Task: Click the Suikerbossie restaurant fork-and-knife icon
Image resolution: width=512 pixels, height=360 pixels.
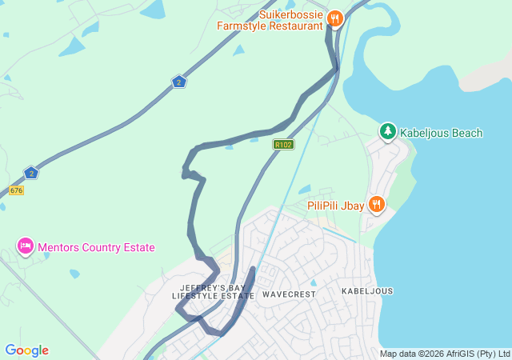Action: coord(334,18)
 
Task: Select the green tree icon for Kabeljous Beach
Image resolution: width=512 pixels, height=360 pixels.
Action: coord(388,131)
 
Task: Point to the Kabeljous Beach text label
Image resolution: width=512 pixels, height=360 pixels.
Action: coord(441,133)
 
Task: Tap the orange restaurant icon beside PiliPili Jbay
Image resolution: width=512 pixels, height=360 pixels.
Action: coord(377,205)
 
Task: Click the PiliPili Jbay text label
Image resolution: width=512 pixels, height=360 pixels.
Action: coord(336,206)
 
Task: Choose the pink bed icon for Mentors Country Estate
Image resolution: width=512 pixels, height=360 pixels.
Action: coord(25,246)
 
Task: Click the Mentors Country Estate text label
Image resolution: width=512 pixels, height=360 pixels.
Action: coord(95,248)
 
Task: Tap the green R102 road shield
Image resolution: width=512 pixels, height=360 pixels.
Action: coord(283,145)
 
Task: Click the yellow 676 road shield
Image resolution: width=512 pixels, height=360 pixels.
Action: coord(16,190)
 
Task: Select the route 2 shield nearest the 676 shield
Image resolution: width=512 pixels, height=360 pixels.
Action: coord(31,173)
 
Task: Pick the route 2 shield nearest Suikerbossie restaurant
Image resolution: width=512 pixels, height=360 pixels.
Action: coord(178,82)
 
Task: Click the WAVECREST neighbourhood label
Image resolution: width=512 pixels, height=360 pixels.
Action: coord(289,294)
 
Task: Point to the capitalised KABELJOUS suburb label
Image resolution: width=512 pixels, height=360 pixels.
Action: coord(367,291)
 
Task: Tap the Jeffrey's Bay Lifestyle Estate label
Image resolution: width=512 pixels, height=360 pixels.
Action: coord(212,291)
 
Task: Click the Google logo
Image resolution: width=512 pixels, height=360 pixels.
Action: coord(26,350)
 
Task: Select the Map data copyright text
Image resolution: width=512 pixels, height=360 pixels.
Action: coord(444,354)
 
